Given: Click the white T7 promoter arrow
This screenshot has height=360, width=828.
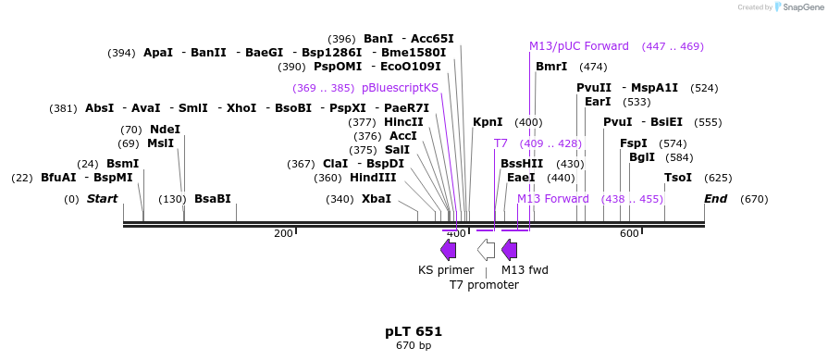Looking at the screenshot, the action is coord(487,250).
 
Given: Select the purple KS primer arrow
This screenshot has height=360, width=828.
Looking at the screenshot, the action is coord(449,250).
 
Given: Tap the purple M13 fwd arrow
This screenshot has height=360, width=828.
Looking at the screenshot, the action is coord(510,250).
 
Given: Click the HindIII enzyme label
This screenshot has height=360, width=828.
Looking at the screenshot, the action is coord(373,178).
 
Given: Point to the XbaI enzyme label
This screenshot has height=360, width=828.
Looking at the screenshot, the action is coord(377,199).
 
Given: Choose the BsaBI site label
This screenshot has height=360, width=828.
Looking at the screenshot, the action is coord(213,199).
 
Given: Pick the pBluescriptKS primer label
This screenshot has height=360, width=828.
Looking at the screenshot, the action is coord(401,88).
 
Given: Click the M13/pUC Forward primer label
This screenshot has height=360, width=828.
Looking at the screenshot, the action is coord(579,46).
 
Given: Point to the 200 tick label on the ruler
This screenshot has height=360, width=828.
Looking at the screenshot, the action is coord(284,233).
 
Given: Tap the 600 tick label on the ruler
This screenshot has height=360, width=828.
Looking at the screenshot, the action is coord(629,233).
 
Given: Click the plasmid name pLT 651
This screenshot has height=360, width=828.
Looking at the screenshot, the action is coord(414,332).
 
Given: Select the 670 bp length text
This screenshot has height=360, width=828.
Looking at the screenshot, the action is coord(414,346).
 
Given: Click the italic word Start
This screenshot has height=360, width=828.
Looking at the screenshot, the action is coord(103,199).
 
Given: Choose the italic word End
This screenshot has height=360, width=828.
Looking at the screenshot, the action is coord(715,199).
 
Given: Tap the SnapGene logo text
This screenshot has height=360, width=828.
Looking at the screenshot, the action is coord(801,7).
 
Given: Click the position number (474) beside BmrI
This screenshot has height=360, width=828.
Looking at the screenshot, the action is coord(594,67).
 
